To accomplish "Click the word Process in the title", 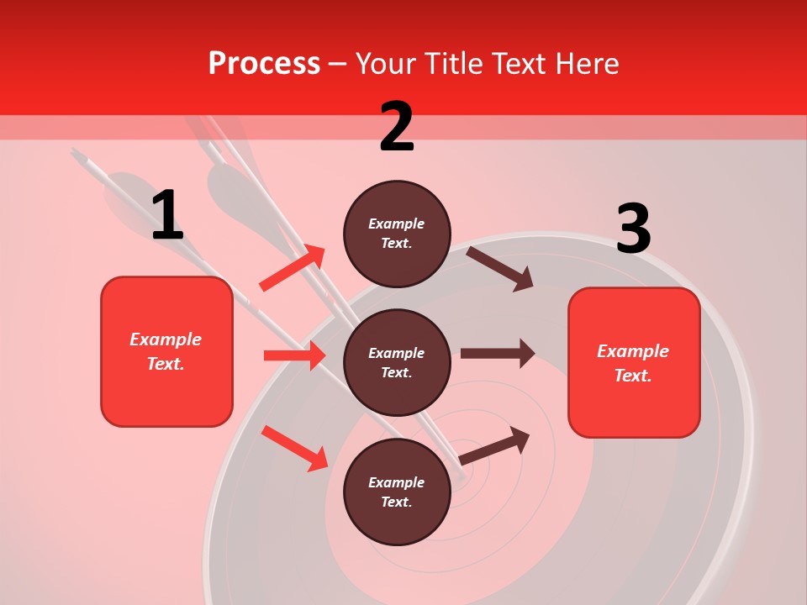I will coord(264,63).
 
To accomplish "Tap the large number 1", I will coord(167,215).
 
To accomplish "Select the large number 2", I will coord(397,127).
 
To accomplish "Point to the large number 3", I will coord(633,229).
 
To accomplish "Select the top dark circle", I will coord(397,234).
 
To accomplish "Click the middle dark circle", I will coord(397,362).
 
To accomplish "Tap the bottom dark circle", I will coord(397,492).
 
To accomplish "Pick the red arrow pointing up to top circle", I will coord(293,268).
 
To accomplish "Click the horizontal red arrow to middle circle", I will coord(294,355).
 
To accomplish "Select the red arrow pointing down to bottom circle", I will coord(294,447).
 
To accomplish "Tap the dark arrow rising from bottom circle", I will coord(494,445).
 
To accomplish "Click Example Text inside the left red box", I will coord(166,351).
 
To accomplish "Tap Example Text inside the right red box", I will coord(634,363).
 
